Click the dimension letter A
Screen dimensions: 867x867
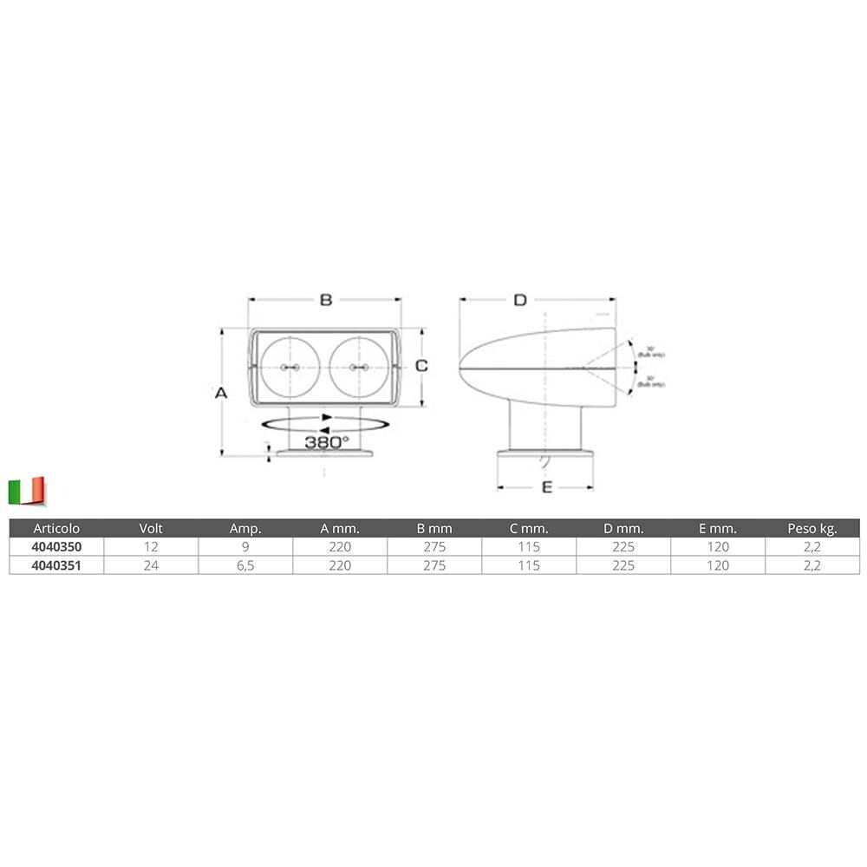221,393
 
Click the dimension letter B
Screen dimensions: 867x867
326,300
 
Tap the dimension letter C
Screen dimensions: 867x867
421,366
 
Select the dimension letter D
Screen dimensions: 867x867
519,300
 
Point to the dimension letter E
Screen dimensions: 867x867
547,487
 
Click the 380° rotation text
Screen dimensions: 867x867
326,442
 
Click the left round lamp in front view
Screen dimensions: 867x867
289,368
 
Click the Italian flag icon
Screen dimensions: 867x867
26,491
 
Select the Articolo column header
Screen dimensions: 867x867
55,528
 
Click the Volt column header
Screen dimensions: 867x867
151,528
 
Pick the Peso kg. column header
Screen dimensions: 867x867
812,528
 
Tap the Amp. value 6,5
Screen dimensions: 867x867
245,565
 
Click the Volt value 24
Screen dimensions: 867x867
151,565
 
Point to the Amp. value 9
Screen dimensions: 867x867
245,547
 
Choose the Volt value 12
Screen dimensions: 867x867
151,547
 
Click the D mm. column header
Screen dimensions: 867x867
623,528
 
